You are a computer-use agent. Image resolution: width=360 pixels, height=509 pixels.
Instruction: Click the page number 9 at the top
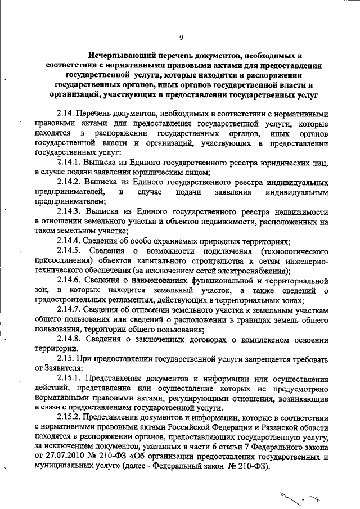click(x=181, y=38)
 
